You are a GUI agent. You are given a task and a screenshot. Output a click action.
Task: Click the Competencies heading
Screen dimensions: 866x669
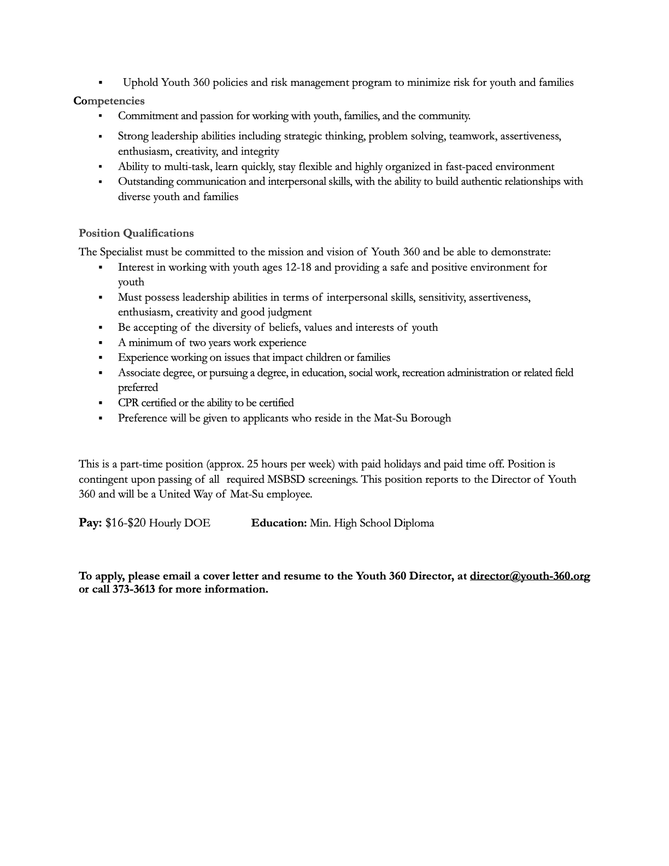tap(109, 101)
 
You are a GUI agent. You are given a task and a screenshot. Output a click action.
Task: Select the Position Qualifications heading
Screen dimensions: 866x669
tap(136, 233)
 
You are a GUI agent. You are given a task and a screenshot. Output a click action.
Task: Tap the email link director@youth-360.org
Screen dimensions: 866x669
tap(530, 576)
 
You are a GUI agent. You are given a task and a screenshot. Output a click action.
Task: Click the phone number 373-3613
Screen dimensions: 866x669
tap(134, 589)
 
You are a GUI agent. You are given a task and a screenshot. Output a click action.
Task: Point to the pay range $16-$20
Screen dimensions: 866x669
tap(126, 523)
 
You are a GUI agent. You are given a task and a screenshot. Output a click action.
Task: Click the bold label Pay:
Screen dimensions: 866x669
tap(90, 523)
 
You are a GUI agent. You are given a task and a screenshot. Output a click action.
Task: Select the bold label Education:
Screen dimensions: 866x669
tap(279, 523)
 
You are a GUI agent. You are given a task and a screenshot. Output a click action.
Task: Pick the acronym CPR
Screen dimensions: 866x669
tap(128, 403)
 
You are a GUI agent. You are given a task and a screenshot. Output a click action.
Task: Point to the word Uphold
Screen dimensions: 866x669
tap(140, 83)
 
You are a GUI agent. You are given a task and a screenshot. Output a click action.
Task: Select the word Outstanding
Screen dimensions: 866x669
tap(145, 182)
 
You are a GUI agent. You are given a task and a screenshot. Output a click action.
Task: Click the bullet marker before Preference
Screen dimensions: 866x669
tap(101, 418)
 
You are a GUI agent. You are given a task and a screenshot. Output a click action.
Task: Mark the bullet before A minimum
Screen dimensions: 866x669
tap(101, 343)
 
